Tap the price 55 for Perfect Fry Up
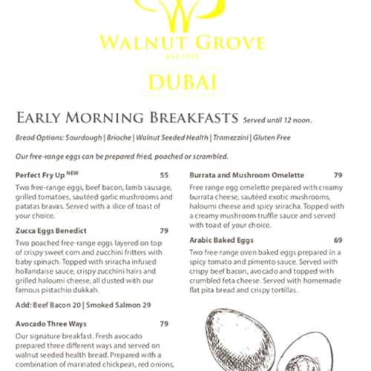[164, 175]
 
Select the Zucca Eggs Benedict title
[46, 230]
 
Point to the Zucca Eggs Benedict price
[164, 230]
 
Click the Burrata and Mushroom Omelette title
[236, 175]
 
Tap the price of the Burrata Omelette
[338, 175]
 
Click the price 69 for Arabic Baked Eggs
[338, 240]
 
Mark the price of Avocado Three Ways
[164, 324]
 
